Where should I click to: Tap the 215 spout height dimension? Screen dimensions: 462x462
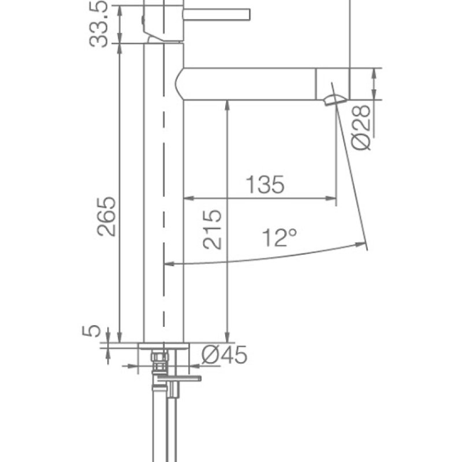click(213, 229)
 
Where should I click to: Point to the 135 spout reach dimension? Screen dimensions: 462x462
click(265, 185)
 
